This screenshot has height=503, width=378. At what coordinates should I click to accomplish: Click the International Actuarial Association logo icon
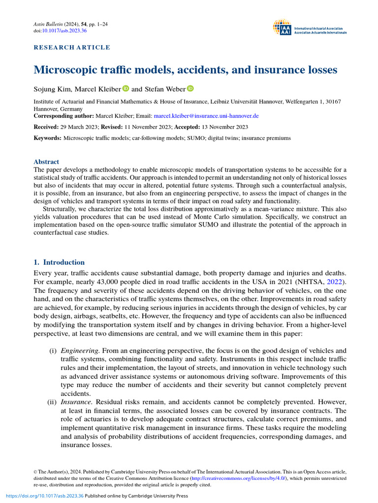pyautogui.click(x=282, y=28)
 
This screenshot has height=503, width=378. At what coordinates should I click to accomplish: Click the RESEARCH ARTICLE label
pyautogui.click(x=72, y=48)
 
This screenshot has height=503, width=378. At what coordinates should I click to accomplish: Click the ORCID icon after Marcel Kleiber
pyautogui.click(x=126, y=89)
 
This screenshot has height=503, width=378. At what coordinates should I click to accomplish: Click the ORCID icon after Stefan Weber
pyautogui.click(x=190, y=89)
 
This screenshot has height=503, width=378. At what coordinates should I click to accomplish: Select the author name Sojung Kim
pyautogui.click(x=51, y=89)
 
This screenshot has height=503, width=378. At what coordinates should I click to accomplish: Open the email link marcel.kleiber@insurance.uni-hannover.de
pyautogui.click(x=206, y=116)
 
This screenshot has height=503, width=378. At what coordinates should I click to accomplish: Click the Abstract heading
pyautogui.click(x=46, y=162)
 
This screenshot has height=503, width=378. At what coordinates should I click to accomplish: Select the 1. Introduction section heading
pyautogui.click(x=59, y=262)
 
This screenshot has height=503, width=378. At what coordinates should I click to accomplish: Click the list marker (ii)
pyautogui.click(x=52, y=402)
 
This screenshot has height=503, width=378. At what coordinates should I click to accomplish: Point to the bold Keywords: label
pyautogui.click(x=48, y=138)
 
